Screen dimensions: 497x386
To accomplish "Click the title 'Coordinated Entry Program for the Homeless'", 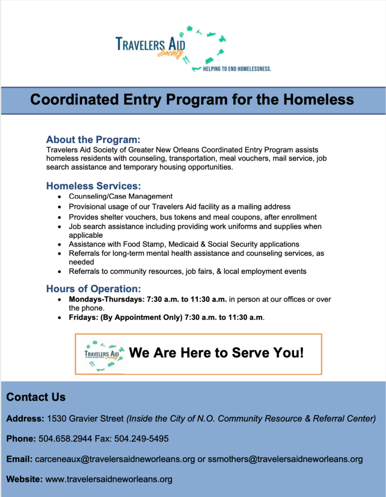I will coord(192,100).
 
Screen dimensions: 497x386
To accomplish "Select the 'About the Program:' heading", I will coord(93,139).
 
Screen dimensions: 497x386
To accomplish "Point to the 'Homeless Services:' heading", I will coord(93,186).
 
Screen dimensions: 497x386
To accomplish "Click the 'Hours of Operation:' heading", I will coord(93,289).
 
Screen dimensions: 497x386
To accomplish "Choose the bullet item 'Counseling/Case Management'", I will coord(121,197).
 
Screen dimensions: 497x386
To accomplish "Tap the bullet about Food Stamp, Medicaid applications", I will coord(184,244).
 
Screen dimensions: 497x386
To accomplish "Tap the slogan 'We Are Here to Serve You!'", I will coord(216,353).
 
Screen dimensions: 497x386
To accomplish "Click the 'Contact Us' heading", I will coord(36,398).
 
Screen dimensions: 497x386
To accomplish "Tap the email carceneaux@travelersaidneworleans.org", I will coord(115,459).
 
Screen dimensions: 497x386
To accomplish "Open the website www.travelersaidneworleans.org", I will coord(109,480).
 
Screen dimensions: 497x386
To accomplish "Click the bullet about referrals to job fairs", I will coord(187,271).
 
